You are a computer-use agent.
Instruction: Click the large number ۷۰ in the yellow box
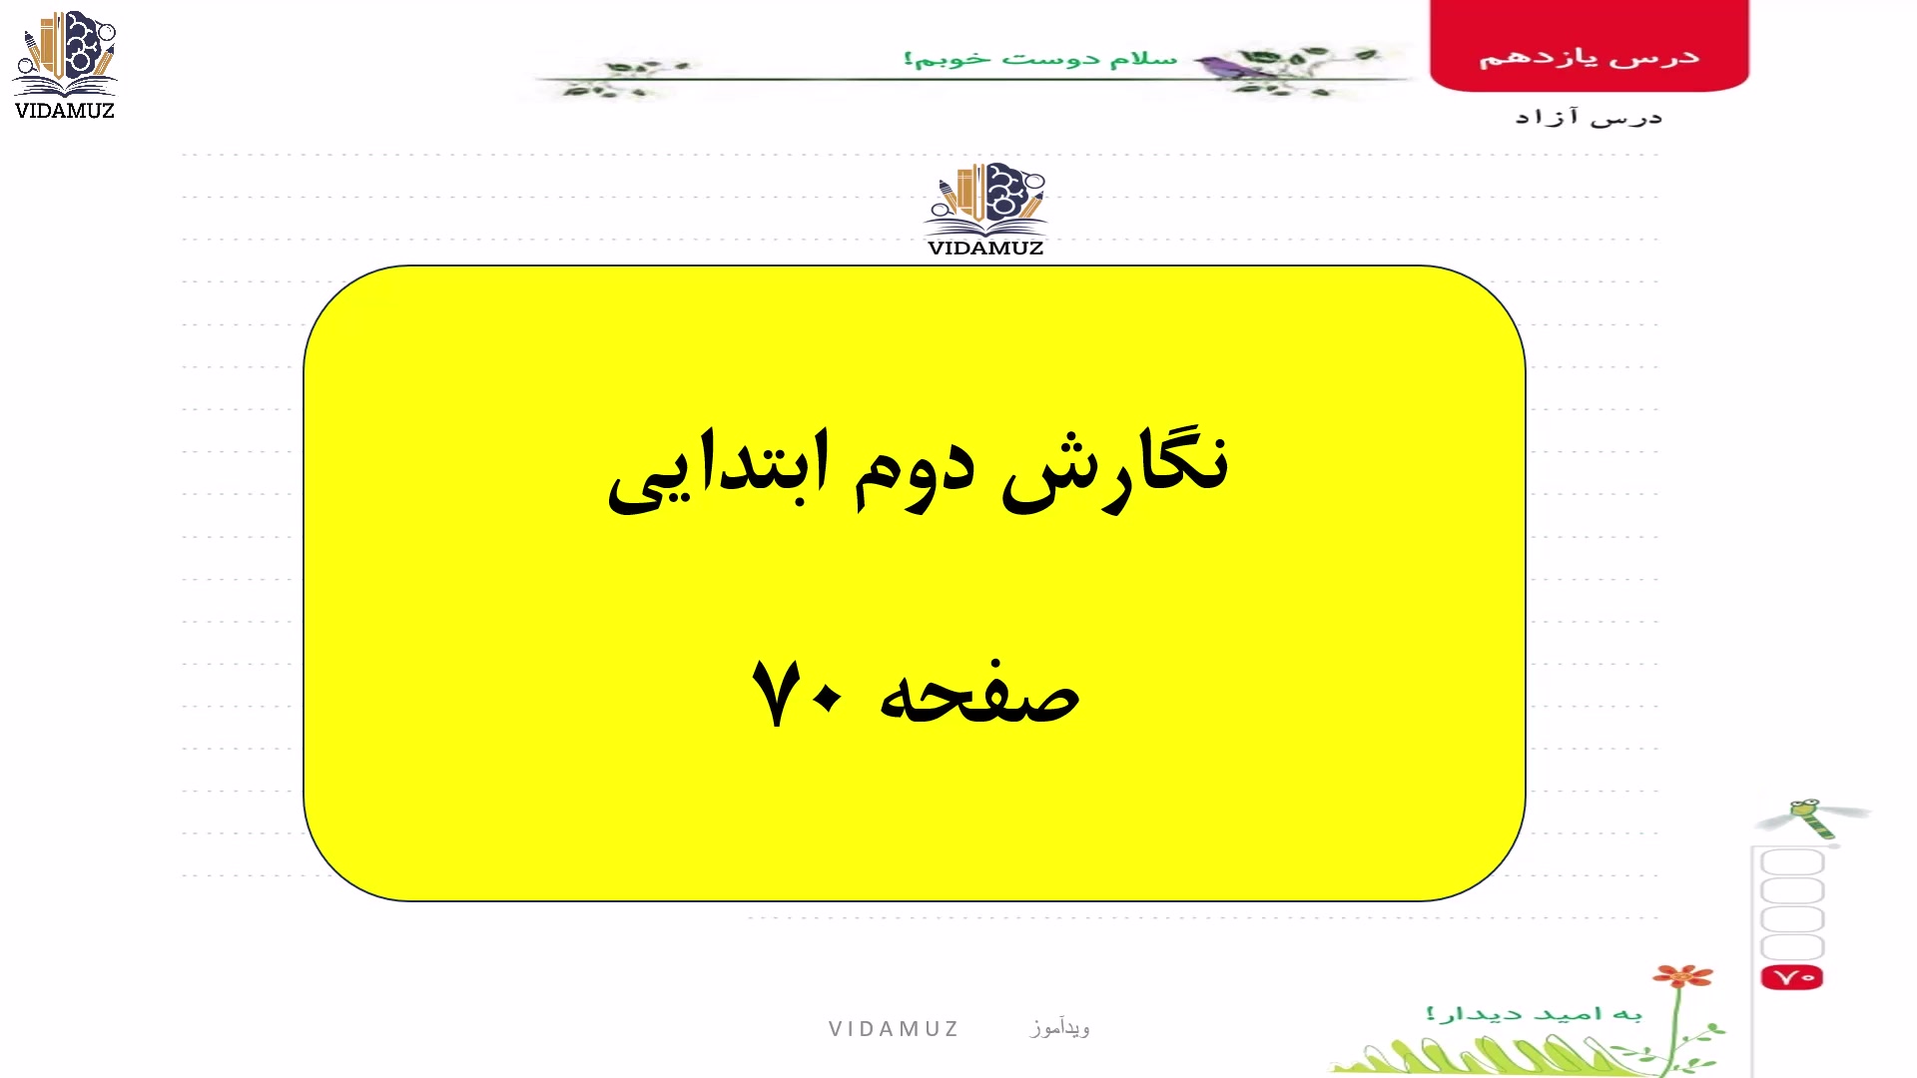797,693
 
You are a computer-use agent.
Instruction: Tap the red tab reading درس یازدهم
1590,46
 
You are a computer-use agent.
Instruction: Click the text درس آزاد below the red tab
1589,118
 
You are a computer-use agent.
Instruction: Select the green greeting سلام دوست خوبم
1040,59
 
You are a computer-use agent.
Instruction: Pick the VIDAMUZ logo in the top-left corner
65,66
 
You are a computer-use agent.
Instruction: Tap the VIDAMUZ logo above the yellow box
985,210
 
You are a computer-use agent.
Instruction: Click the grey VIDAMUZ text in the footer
894,1029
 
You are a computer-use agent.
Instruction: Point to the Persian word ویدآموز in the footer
1060,1027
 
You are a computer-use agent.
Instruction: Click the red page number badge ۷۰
1792,977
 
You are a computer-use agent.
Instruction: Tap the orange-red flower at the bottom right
1683,976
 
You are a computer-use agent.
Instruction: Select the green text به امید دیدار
1535,1014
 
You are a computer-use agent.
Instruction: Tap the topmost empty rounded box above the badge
1792,862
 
